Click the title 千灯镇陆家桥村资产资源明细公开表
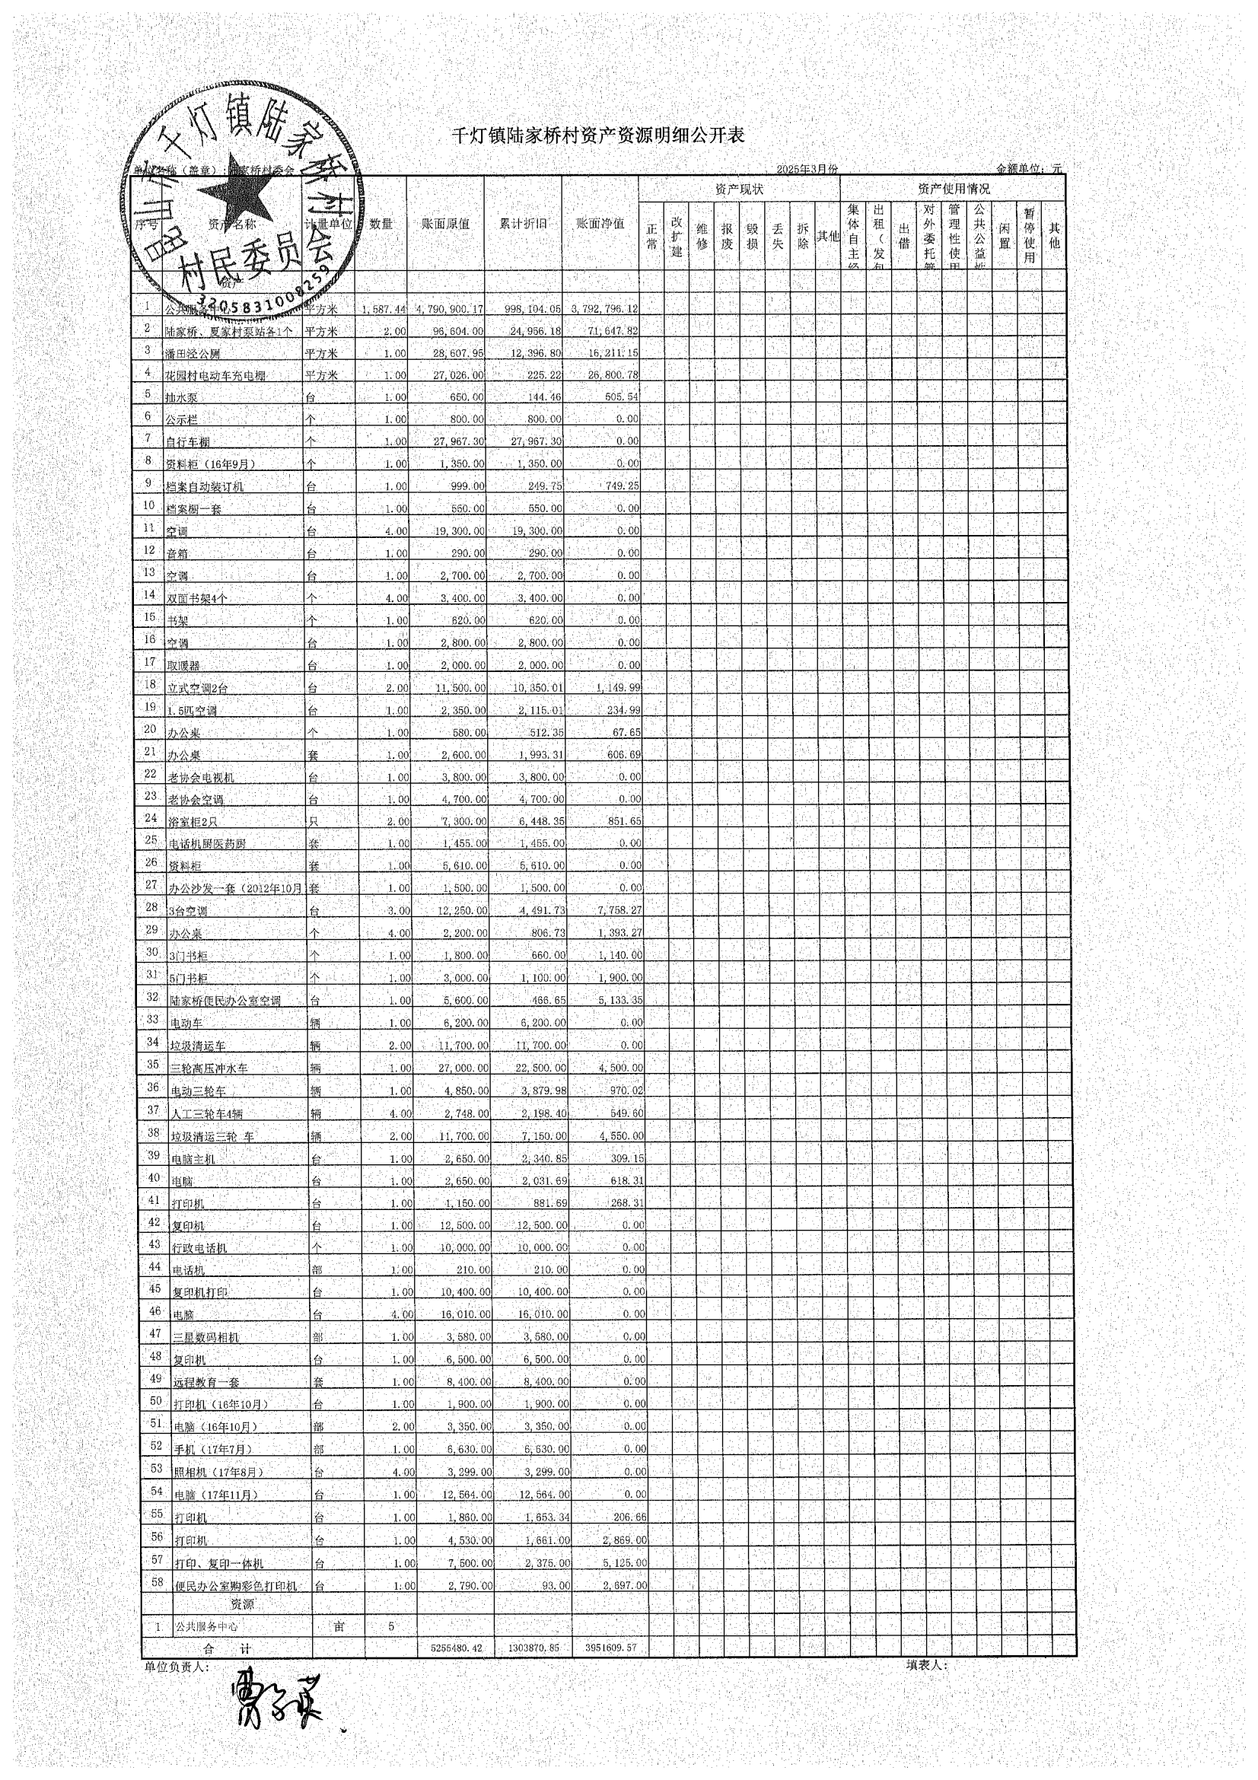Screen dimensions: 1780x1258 (x=597, y=135)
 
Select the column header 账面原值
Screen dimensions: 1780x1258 (x=445, y=223)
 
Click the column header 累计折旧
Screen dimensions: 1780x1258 (x=523, y=223)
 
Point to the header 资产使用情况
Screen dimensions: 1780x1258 (x=953, y=189)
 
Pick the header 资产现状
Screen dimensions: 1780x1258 (x=739, y=189)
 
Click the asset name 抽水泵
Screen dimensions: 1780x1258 (x=180, y=398)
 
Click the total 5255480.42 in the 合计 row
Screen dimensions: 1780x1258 (x=457, y=1648)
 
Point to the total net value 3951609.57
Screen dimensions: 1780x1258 (x=610, y=1648)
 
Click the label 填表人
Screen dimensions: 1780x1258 (x=926, y=1665)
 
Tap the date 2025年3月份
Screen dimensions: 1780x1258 (x=807, y=169)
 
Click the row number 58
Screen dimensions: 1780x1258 (x=157, y=1581)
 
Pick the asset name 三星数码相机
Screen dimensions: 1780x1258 (x=205, y=1337)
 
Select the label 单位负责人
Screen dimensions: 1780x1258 (x=176, y=1666)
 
